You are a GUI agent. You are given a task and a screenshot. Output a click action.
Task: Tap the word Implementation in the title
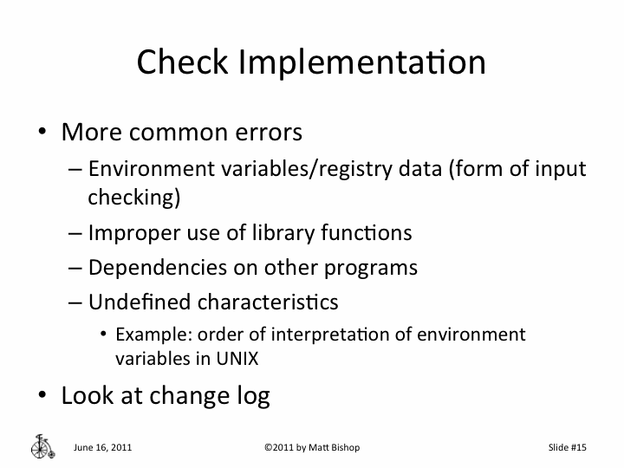[x=361, y=63]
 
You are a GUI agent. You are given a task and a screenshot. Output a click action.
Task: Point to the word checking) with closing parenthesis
[x=133, y=198]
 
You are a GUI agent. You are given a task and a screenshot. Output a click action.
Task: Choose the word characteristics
[x=268, y=302]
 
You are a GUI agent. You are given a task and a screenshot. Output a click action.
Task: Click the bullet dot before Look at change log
[x=42, y=396]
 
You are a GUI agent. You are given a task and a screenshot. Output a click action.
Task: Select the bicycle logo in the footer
[x=42, y=445]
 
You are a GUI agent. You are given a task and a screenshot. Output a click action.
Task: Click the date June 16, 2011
[x=103, y=447]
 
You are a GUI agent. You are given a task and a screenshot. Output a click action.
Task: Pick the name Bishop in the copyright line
[x=342, y=447]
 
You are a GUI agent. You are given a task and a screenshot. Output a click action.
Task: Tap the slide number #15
[x=578, y=447]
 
